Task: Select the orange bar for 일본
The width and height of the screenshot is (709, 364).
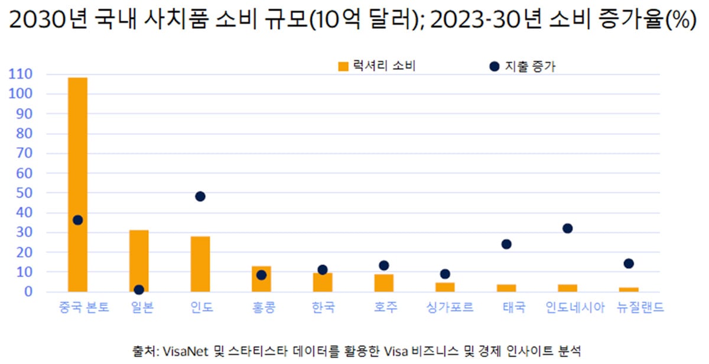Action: pyautogui.click(x=139, y=261)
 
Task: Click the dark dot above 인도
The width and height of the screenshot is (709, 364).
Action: pyautogui.click(x=200, y=196)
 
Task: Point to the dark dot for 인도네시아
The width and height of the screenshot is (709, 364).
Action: pyautogui.click(x=567, y=228)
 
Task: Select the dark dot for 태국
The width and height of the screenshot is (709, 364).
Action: pyautogui.click(x=506, y=244)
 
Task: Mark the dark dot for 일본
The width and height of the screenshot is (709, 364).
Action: pyautogui.click(x=139, y=290)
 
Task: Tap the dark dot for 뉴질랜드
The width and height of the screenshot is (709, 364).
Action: pyautogui.click(x=629, y=264)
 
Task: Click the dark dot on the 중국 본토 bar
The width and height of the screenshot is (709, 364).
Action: pyautogui.click(x=77, y=220)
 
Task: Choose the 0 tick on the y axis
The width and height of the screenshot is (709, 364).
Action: pyautogui.click(x=28, y=292)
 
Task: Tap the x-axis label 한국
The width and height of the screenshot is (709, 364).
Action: pyautogui.click(x=323, y=308)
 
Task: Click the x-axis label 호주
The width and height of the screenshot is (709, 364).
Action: pyautogui.click(x=384, y=308)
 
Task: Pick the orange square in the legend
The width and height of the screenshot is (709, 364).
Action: pyautogui.click(x=343, y=67)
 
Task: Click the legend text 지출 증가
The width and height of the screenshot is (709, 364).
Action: pyautogui.click(x=530, y=67)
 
